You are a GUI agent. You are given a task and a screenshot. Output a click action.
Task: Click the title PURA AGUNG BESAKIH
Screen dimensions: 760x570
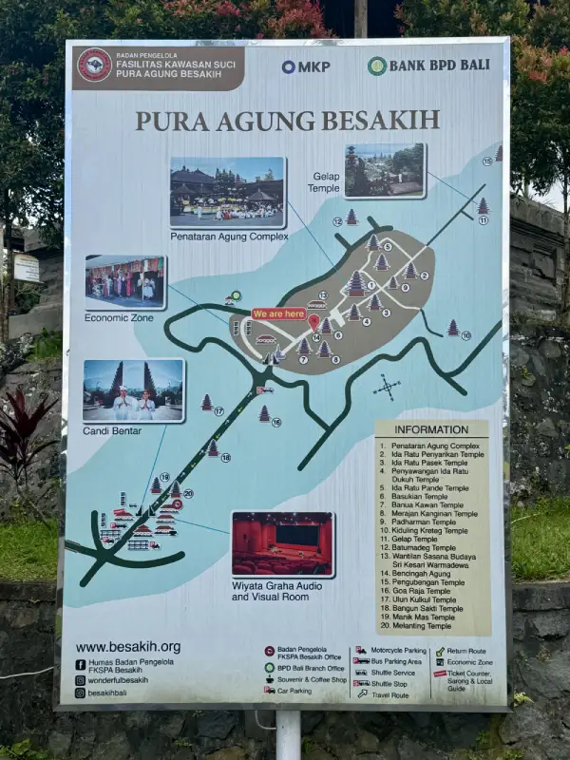(287, 121)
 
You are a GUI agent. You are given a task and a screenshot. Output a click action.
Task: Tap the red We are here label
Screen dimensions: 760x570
(278, 313)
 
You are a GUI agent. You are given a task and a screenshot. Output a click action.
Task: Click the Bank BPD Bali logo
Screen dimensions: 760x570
(428, 66)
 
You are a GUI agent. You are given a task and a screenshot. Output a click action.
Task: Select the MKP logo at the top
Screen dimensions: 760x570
(305, 66)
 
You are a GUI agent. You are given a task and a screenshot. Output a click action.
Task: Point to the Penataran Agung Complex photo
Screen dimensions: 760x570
(227, 192)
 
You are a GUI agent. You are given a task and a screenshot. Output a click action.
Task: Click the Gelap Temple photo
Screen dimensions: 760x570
(384, 170)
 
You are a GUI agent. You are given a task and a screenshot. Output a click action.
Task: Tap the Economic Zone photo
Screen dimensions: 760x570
(125, 281)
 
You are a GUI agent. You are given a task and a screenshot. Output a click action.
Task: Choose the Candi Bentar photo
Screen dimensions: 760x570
(133, 389)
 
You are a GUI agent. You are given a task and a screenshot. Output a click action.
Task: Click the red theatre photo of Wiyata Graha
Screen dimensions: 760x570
(282, 544)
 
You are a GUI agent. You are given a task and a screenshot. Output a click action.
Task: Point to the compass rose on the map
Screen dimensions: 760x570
(387, 387)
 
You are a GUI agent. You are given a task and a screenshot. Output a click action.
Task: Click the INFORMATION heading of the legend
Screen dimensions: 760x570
(431, 428)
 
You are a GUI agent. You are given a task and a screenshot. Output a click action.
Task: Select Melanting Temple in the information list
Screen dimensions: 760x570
(418, 626)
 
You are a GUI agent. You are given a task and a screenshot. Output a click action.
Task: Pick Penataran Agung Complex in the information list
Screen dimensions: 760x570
(429, 446)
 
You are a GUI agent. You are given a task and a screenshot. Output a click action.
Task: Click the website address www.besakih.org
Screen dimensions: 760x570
(128, 647)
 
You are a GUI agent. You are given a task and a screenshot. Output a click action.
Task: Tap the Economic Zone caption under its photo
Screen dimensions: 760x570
(119, 317)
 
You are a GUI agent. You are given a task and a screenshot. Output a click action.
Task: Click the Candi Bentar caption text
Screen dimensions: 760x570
(112, 431)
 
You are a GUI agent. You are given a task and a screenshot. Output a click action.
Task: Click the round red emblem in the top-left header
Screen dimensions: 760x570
(94, 65)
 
